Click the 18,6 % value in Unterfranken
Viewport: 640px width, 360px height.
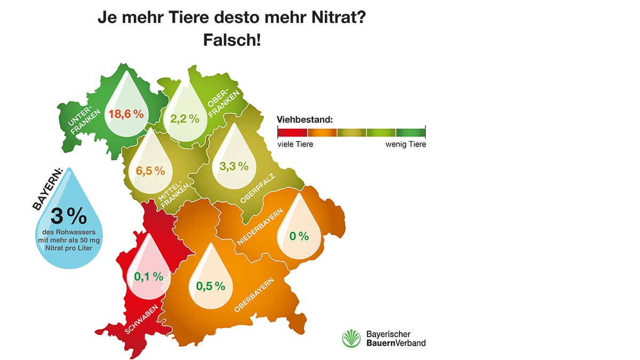click(x=126, y=114)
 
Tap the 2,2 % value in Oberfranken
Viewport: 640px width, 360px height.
click(x=185, y=119)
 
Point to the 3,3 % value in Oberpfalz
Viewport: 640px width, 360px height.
click(x=234, y=166)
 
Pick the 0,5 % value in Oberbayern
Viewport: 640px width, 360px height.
click(x=211, y=286)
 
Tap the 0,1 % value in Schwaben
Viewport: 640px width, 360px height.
click(x=148, y=276)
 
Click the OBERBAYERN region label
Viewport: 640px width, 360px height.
click(x=254, y=295)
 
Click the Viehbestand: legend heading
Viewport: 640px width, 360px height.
click(x=305, y=118)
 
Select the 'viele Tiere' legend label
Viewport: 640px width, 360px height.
click(x=295, y=144)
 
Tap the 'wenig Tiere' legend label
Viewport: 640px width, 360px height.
click(x=405, y=144)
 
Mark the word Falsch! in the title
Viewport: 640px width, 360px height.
click(x=232, y=40)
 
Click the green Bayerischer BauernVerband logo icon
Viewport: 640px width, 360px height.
click(x=352, y=339)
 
